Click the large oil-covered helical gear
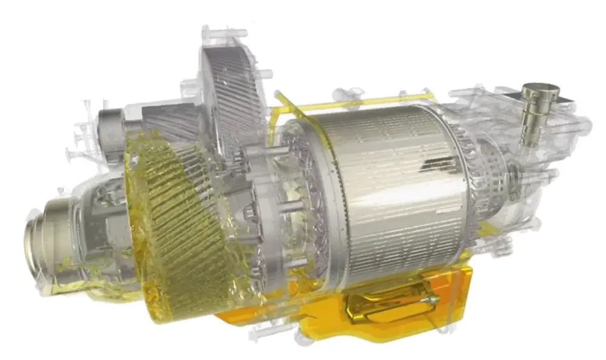182,230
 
